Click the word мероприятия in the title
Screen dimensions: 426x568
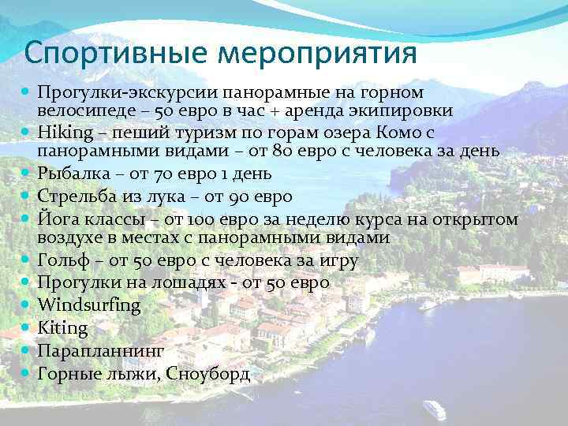(x=318, y=54)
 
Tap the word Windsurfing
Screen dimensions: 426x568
(x=88, y=305)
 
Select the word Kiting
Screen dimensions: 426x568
(x=62, y=327)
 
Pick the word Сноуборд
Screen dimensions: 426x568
(x=207, y=373)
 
